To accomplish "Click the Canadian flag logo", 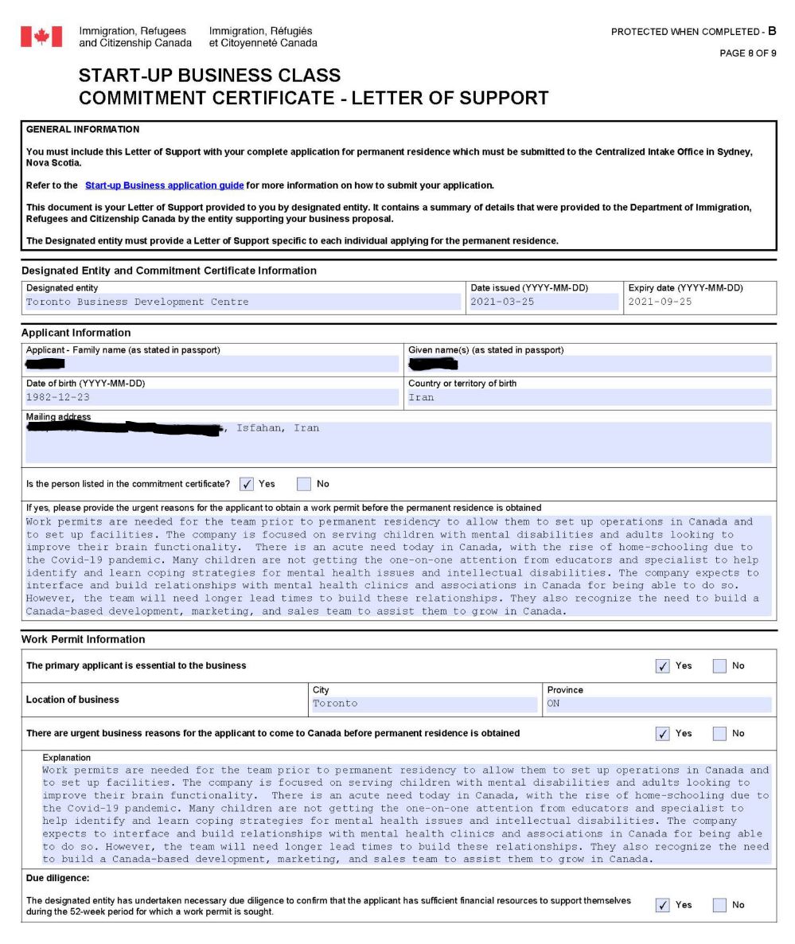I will [x=41, y=37].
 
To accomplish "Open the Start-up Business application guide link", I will [x=164, y=185].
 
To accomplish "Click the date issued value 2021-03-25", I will [x=502, y=302].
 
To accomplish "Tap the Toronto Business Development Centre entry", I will [x=137, y=302].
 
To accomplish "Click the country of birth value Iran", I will [x=421, y=397].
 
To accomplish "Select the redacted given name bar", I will [x=433, y=365].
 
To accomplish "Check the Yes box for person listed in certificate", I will [x=247, y=484].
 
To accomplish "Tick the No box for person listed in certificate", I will [x=304, y=484].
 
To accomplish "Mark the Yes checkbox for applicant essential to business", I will [x=662, y=665].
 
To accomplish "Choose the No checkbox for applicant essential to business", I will [x=719, y=665].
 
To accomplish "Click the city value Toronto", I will [x=335, y=704].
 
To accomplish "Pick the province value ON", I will [x=554, y=704].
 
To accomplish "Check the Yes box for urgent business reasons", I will [x=662, y=733].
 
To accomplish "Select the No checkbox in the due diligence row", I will [x=719, y=905].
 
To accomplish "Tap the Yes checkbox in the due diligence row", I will [x=662, y=905].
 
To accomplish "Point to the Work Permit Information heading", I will [x=84, y=639].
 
